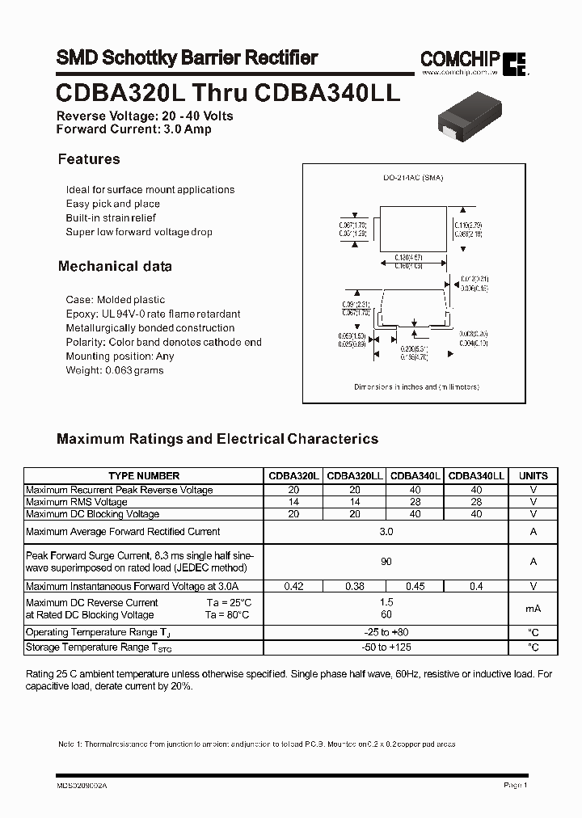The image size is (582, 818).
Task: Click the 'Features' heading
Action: [89, 159]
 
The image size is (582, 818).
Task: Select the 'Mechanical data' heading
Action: [115, 266]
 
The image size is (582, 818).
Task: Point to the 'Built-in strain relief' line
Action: [111, 218]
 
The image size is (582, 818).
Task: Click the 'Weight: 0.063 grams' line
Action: [114, 370]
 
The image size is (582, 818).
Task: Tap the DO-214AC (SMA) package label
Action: [413, 178]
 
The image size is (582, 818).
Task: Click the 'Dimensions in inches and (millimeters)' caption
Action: [416, 387]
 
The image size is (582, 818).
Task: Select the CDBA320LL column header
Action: [355, 476]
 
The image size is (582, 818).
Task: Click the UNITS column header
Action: [533, 476]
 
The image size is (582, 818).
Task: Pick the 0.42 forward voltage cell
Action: [294, 586]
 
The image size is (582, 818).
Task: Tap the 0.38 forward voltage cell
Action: [355, 586]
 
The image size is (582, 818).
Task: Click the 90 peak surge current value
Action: [386, 562]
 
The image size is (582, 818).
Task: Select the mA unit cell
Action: [533, 609]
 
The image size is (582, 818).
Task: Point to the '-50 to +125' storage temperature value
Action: [386, 647]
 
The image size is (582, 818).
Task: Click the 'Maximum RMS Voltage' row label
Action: [77, 502]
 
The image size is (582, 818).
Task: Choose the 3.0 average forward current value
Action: [386, 532]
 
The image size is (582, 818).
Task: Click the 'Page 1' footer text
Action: [515, 785]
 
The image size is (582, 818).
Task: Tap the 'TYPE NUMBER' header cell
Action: [144, 476]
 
